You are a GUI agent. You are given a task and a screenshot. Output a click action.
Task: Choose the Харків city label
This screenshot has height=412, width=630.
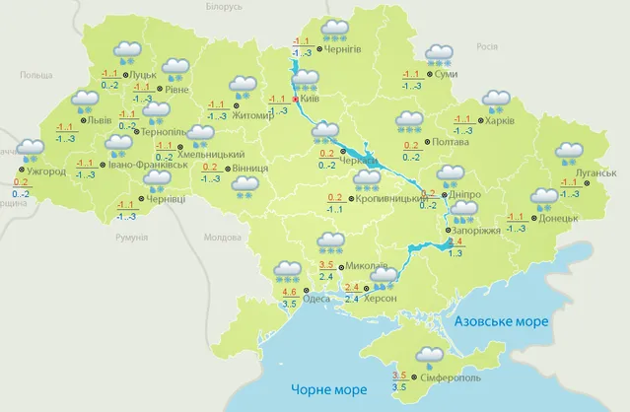(x=500, y=121)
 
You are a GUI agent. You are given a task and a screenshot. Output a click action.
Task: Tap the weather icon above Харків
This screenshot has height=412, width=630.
(x=495, y=101)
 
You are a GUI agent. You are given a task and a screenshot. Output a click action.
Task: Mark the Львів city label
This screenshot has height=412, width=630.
(x=100, y=120)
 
